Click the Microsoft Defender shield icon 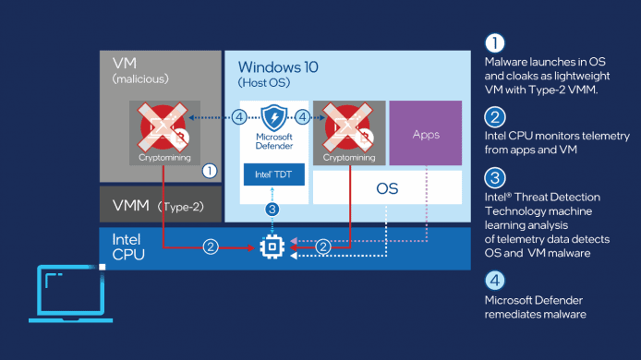[x=272, y=119]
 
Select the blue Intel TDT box [x=272, y=173]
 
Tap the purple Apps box [x=427, y=134]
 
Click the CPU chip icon [x=272, y=247]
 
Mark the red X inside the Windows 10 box [x=348, y=126]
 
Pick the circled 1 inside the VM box [x=209, y=170]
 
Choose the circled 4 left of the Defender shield [x=239, y=118]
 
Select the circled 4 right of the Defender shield [x=304, y=118]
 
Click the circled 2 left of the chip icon [x=212, y=247]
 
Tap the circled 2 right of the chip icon [x=323, y=247]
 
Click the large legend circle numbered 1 [x=495, y=43]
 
